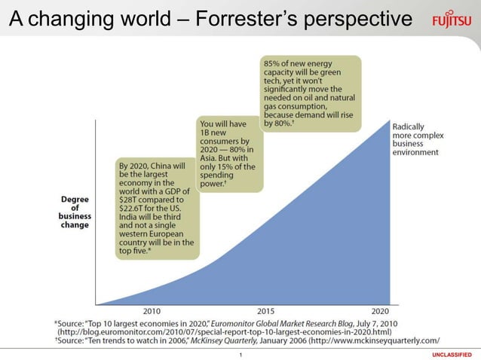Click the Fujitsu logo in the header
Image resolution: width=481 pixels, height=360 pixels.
[x=452, y=20]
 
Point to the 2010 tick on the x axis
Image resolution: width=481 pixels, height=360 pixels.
[x=152, y=310]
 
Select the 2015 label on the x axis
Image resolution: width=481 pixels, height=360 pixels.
[x=266, y=310]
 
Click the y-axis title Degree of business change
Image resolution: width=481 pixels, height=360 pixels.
[x=75, y=212]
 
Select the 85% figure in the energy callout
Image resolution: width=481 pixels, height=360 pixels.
[x=272, y=63]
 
